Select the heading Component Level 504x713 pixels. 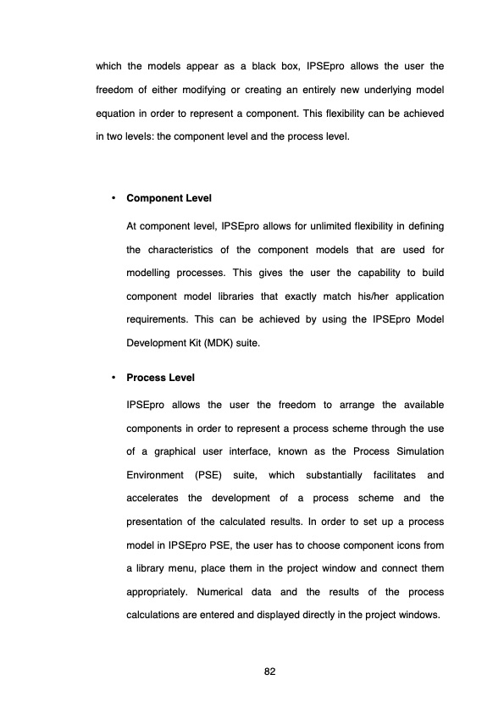(x=169, y=198)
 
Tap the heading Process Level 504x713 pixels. (x=160, y=378)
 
